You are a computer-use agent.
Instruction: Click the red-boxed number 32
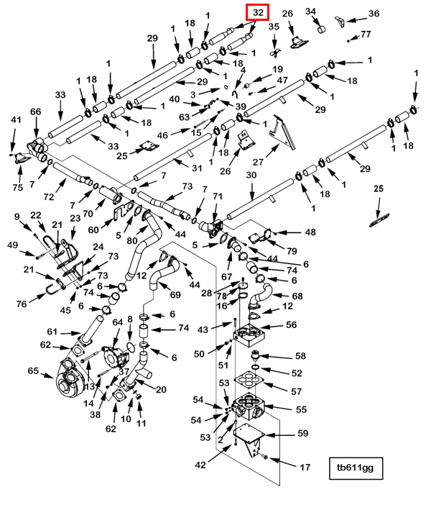tap(258, 12)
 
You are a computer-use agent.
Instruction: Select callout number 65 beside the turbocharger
tap(33, 371)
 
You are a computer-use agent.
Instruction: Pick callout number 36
tap(374, 14)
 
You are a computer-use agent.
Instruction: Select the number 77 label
tap(366, 34)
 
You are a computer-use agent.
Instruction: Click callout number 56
tap(291, 324)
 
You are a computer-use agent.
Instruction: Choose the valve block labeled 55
tap(251, 406)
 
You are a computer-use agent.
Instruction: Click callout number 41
tap(17, 130)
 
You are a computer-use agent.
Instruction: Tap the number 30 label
tap(251, 175)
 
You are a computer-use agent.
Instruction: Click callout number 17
tap(305, 468)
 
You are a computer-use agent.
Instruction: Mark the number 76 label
tap(22, 304)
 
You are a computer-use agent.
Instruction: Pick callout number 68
tap(297, 296)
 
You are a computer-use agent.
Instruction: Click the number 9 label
tap(17, 217)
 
